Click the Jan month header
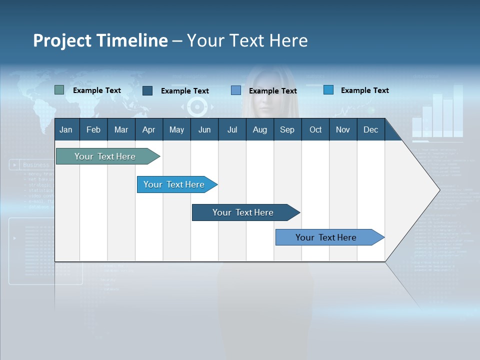(66, 129)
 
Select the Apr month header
(148, 129)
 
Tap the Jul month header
(232, 129)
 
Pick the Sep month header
(287, 129)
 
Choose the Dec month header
(370, 129)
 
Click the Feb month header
(93, 129)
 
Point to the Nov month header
(342, 129)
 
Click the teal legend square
(59, 90)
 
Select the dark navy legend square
(147, 90)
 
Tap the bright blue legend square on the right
(328, 90)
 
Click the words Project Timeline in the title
(100, 40)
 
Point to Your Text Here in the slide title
(247, 40)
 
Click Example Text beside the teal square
(96, 90)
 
